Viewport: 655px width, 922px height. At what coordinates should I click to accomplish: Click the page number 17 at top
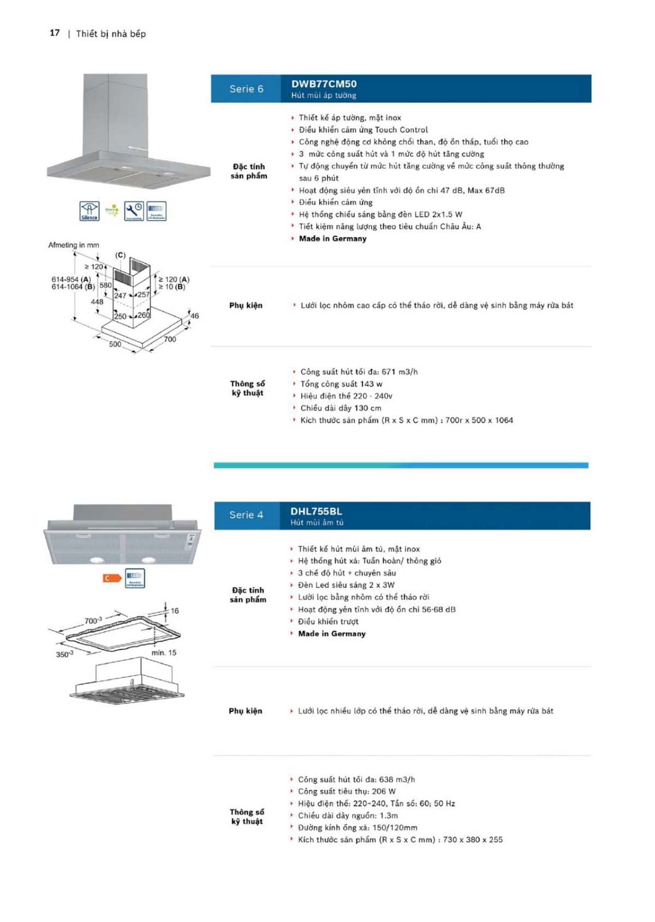pos(55,33)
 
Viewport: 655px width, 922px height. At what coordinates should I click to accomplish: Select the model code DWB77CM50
pos(324,84)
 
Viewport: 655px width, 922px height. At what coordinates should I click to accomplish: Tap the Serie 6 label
pos(246,89)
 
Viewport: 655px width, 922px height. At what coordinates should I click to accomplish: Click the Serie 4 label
pos(246,515)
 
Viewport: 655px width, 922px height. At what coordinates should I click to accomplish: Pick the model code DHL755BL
pos(316,512)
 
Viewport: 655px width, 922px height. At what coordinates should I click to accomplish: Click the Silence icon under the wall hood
pos(90,211)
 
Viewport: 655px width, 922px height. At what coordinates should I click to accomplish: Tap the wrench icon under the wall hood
pos(134,211)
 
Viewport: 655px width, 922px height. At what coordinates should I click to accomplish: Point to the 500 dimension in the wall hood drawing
pos(115,344)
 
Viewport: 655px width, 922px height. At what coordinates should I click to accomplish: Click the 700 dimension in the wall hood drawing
pos(170,339)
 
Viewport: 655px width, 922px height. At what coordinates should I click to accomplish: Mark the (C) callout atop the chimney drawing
pos(120,255)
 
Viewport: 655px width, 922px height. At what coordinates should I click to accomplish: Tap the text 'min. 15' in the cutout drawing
pos(164,653)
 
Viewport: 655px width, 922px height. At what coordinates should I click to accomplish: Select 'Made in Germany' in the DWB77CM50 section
pos(332,239)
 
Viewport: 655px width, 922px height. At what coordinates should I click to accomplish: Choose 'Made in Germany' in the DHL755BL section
pos(331,634)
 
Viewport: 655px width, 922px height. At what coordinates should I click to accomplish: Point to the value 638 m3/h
pos(397,779)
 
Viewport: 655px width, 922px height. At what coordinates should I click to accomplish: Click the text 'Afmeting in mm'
pos(74,245)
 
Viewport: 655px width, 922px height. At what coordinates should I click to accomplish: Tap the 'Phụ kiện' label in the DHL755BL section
pos(246,711)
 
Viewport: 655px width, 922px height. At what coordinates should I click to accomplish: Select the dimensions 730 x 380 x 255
pos(473,840)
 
